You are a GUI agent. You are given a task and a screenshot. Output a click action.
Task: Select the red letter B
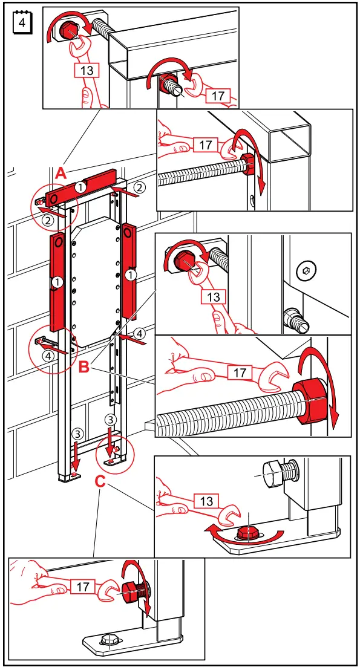(85, 365)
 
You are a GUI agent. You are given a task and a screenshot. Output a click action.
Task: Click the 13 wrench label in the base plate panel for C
(206, 501)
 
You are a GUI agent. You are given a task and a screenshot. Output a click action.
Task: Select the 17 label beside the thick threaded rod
(240, 372)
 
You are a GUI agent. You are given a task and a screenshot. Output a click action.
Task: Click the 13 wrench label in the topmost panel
(87, 70)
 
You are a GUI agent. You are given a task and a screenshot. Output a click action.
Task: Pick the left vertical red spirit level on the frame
(57, 282)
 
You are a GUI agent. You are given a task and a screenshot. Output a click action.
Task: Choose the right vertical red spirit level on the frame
(129, 266)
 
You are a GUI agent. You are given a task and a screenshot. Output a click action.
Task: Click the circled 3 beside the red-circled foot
(110, 418)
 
